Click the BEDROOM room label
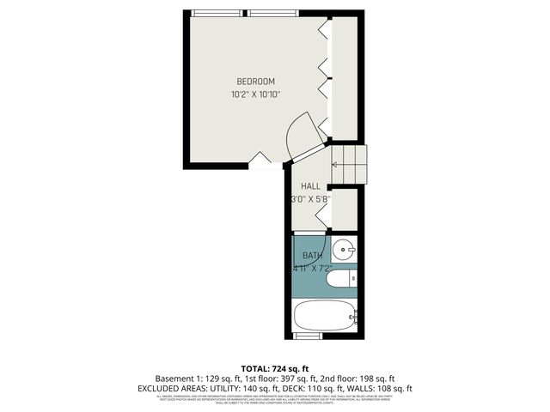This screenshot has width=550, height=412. tap(256, 82)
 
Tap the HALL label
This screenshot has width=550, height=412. tap(310, 186)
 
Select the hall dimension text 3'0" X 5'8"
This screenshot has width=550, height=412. tap(310, 199)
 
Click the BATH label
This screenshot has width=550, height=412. tap(312, 256)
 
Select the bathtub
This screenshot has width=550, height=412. tap(325, 315)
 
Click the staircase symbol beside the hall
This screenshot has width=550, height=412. tap(350, 163)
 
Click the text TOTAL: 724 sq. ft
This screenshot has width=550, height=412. tap(275, 367)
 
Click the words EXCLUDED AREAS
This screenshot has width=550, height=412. tap(168, 389)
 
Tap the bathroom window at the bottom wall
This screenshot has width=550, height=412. tap(307, 334)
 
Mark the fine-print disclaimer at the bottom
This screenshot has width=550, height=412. tap(275, 399)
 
